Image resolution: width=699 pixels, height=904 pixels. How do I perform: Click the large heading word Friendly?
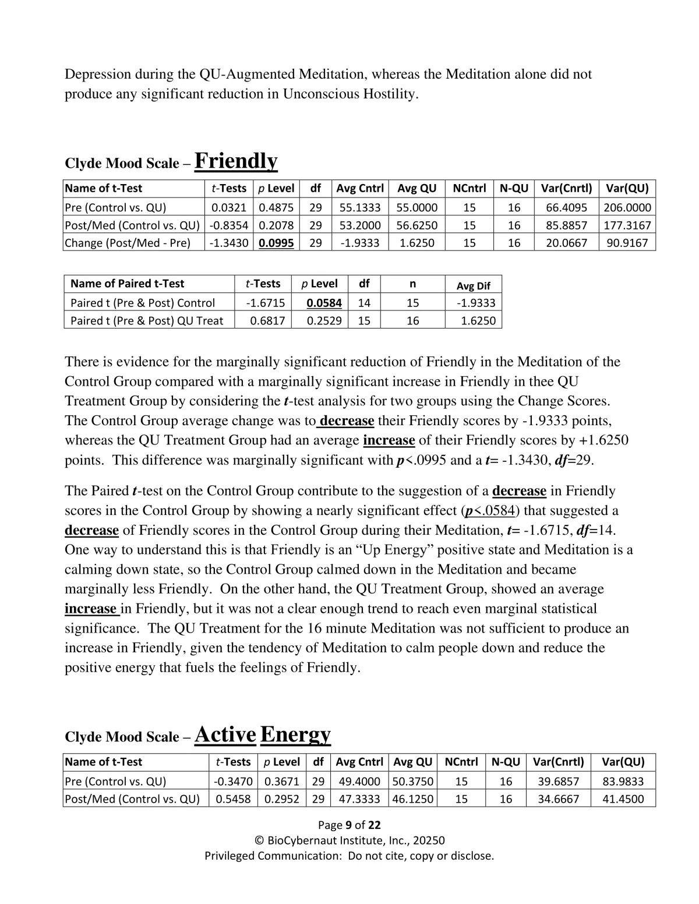[236, 161]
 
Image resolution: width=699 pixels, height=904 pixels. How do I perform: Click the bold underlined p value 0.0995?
[277, 243]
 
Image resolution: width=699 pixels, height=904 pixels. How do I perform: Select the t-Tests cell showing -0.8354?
[229, 225]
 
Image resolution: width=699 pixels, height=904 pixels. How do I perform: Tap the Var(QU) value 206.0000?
[627, 208]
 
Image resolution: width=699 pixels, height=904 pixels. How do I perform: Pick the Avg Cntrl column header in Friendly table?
[360, 189]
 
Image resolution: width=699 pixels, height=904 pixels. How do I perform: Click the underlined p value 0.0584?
[324, 303]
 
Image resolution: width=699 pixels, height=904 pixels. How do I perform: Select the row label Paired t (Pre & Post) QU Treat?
[147, 321]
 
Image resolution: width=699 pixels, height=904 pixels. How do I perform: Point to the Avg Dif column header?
[473, 286]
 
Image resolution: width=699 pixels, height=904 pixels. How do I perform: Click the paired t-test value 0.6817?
[267, 321]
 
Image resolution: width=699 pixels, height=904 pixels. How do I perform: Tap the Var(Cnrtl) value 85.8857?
[566, 225]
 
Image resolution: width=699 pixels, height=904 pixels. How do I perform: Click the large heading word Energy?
[295, 734]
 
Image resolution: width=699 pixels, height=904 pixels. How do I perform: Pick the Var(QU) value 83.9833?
[623, 782]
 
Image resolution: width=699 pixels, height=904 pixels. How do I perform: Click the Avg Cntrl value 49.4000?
[359, 782]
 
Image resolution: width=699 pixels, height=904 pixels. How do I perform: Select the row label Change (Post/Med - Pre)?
[128, 243]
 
